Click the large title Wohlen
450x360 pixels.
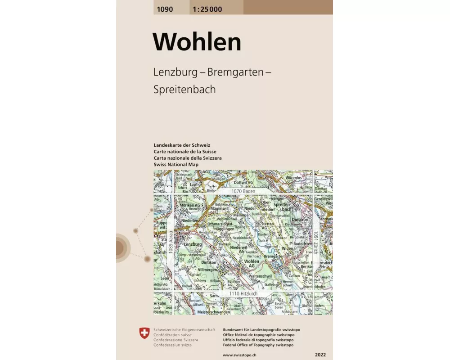point(197,42)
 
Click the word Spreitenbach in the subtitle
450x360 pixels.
point(184,89)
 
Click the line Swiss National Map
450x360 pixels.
point(176,165)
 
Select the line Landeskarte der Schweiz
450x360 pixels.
point(182,145)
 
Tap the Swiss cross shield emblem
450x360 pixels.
point(144,333)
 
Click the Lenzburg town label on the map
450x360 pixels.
point(193,243)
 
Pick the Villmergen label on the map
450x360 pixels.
point(208,270)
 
